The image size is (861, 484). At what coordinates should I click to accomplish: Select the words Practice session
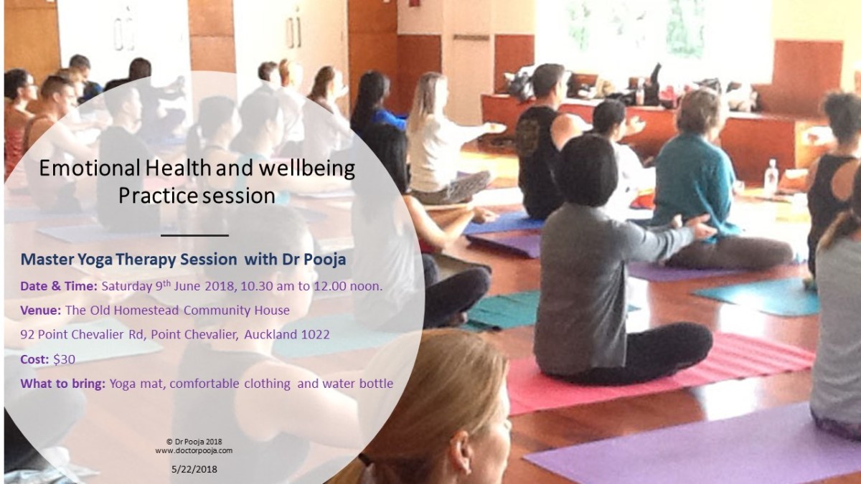click(x=197, y=196)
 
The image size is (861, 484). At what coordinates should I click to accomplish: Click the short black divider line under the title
click(x=194, y=235)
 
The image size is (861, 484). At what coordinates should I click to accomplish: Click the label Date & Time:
click(x=59, y=287)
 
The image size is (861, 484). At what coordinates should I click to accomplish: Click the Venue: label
click(x=41, y=310)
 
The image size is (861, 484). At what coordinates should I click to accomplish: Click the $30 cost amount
click(x=64, y=359)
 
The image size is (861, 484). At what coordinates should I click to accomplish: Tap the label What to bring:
click(x=62, y=384)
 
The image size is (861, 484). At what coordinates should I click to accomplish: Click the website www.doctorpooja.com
click(x=194, y=450)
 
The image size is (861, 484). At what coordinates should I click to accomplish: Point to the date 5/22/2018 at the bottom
click(x=194, y=470)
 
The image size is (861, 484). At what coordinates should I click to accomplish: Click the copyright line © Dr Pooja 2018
click(x=194, y=442)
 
